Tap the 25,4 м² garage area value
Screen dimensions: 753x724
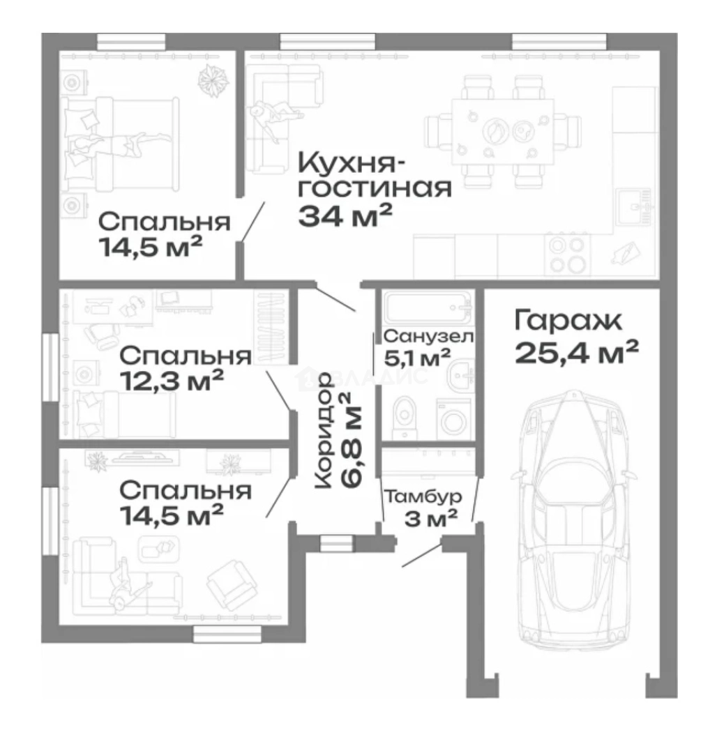(x=577, y=353)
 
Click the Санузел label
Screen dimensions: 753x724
(x=428, y=337)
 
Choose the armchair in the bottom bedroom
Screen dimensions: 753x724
(x=228, y=583)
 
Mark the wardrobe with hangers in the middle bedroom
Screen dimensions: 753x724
(x=271, y=326)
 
